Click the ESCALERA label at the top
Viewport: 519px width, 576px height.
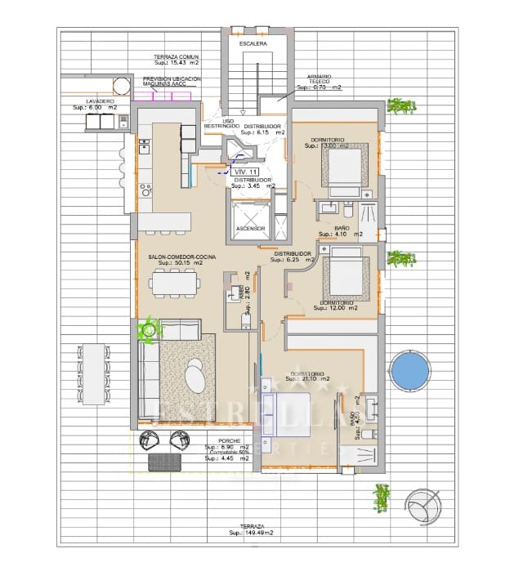coord(253,43)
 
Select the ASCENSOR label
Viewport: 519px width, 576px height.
coord(250,228)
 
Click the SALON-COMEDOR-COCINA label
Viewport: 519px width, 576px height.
coord(182,257)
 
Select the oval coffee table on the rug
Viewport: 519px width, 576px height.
coord(195,377)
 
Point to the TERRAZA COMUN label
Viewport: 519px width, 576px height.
coord(176,56)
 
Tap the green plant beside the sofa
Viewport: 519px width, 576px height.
coord(148,330)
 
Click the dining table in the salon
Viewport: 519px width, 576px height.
coord(174,284)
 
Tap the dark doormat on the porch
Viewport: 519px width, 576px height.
coord(166,462)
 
